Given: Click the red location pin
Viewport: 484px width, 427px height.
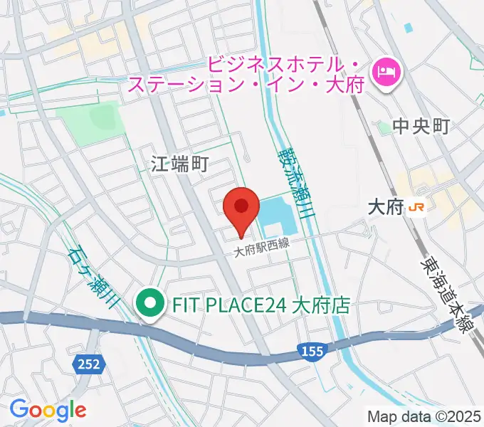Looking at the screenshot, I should point(241,207).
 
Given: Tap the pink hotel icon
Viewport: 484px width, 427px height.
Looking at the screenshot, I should point(388,70).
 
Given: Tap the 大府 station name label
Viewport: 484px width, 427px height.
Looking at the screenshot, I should point(384,207).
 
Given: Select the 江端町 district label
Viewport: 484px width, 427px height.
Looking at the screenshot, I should point(179,165).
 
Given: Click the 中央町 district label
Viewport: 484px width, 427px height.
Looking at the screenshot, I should point(422,127).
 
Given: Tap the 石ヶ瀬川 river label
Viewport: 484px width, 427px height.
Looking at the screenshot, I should point(93,276).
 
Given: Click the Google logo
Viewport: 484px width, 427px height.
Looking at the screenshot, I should point(48,410).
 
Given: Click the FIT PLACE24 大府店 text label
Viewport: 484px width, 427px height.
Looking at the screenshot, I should point(261,306).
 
